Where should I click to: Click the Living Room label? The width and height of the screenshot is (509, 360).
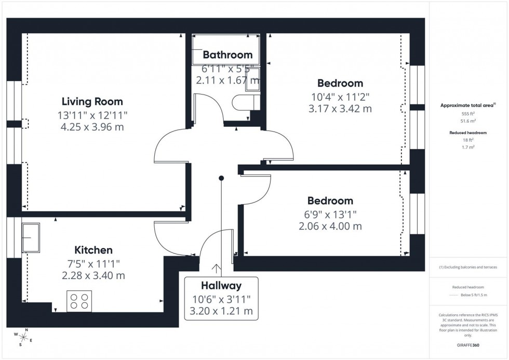point(92,101)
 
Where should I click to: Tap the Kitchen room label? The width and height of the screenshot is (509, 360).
point(93,250)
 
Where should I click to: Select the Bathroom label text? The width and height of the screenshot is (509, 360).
point(227,55)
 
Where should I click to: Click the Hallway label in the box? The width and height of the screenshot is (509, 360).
point(222,285)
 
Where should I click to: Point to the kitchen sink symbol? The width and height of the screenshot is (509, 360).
point(31,238)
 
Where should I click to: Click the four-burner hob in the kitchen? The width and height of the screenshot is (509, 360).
point(79,301)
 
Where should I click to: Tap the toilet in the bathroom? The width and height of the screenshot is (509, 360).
point(245,102)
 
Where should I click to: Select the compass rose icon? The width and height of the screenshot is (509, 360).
point(23,337)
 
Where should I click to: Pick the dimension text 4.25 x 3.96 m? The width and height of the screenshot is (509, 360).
point(92,127)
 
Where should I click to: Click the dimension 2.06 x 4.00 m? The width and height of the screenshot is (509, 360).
point(330,226)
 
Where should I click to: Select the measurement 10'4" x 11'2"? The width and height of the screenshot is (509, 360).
point(340,96)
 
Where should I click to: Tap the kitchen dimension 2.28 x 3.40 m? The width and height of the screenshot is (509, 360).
point(93,275)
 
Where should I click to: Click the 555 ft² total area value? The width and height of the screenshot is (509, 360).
point(468,113)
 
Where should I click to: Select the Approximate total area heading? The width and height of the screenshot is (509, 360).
point(467,105)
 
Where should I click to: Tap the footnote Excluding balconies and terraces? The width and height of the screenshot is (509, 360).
point(468,267)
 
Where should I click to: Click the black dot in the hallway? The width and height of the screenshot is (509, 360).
point(221,178)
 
